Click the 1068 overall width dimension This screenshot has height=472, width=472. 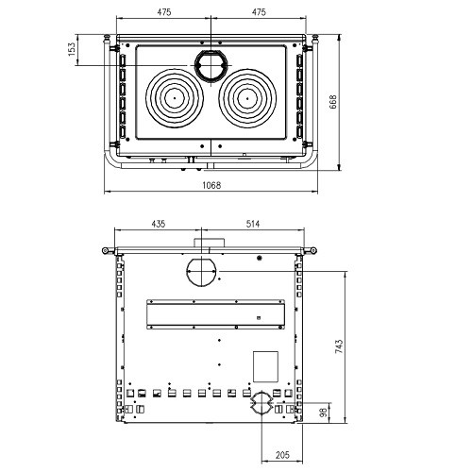(211, 185)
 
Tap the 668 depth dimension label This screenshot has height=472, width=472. (332, 102)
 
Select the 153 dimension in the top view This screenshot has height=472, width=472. (72, 49)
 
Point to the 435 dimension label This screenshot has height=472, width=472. (159, 224)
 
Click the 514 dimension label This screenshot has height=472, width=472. (253, 224)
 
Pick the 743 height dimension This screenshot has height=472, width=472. (339, 346)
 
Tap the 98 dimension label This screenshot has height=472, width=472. (324, 413)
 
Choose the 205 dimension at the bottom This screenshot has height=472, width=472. (282, 455)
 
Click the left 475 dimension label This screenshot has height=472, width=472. (164, 12)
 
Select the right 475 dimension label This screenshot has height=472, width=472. (259, 12)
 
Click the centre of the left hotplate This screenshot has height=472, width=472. (175, 98)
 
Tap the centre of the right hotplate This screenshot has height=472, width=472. (247, 98)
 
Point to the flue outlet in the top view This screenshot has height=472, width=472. (211, 65)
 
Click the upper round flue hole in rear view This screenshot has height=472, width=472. (201, 272)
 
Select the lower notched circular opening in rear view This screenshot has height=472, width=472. (261, 403)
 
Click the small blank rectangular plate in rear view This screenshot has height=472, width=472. (266, 366)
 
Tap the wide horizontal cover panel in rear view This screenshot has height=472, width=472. (216, 314)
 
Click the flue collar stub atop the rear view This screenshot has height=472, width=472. (209, 243)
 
